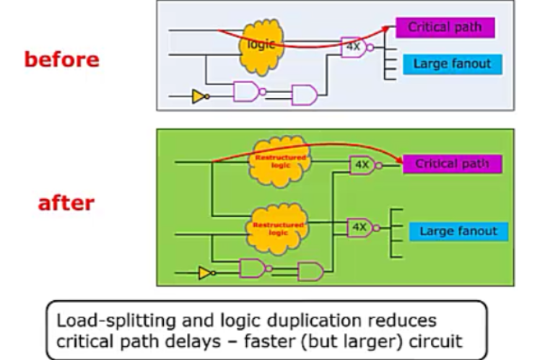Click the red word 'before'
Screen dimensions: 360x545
61,59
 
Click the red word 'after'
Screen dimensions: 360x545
66,203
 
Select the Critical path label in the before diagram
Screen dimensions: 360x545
445,28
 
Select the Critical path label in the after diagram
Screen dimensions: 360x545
452,164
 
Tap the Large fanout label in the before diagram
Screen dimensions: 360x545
452,63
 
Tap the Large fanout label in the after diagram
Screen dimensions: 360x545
458,232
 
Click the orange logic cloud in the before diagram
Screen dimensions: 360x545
261,46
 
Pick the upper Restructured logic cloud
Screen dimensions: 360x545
279,160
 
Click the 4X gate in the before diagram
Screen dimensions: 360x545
353,48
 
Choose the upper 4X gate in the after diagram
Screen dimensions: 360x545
362,164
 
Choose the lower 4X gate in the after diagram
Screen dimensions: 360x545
360,227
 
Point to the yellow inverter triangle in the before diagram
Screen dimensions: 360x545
199,96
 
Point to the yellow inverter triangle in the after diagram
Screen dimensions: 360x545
206,273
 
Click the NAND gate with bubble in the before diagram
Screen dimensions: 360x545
247,92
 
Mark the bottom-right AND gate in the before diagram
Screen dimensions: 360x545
304,95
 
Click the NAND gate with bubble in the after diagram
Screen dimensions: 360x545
253,268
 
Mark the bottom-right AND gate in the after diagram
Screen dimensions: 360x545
311,271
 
